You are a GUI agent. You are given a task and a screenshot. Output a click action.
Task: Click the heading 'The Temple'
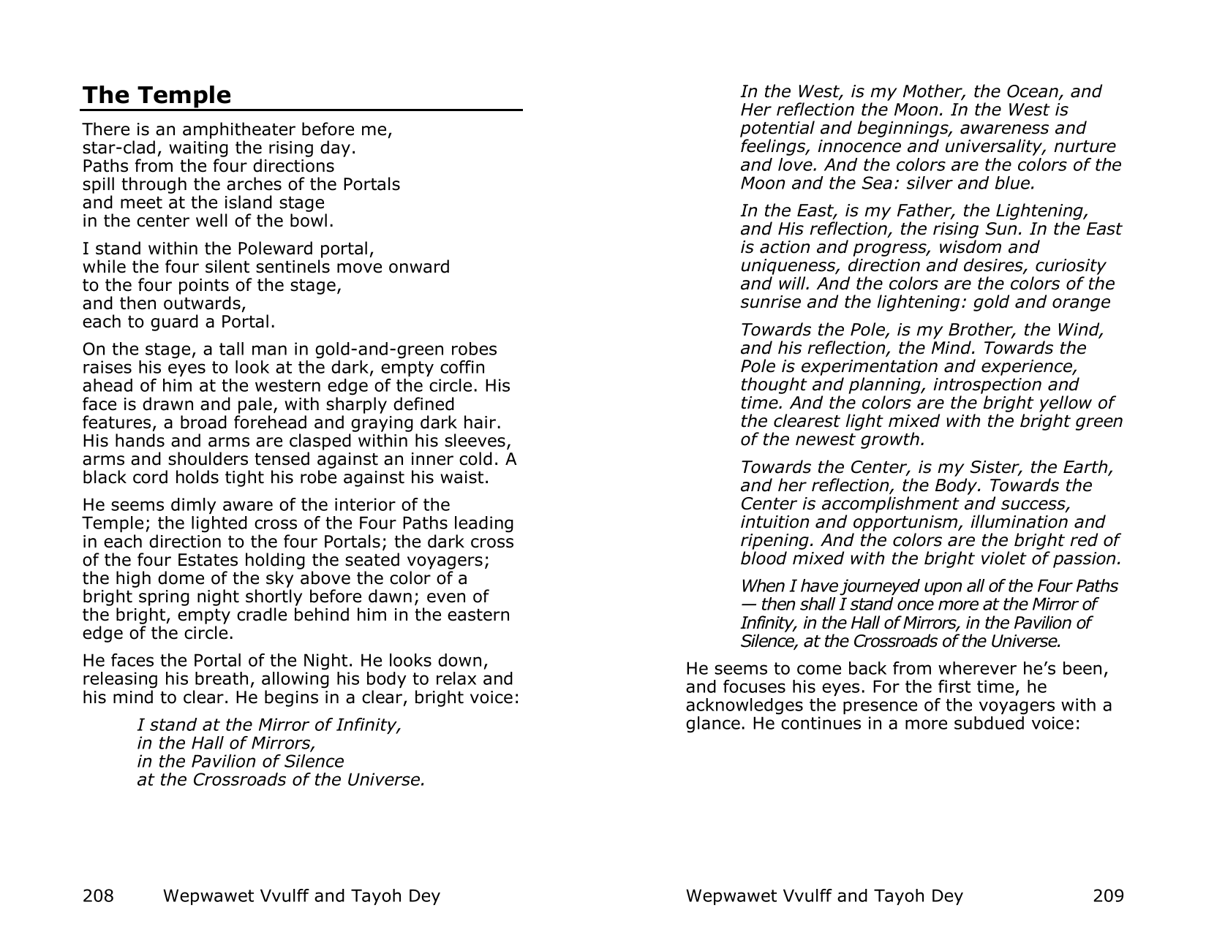coord(157,95)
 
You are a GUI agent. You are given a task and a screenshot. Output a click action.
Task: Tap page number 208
coord(98,895)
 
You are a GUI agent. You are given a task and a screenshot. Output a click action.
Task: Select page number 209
coord(1107,895)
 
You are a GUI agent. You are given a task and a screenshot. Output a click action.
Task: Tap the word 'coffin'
coord(461,368)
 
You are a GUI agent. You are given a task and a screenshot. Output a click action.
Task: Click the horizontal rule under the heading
coord(301,110)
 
